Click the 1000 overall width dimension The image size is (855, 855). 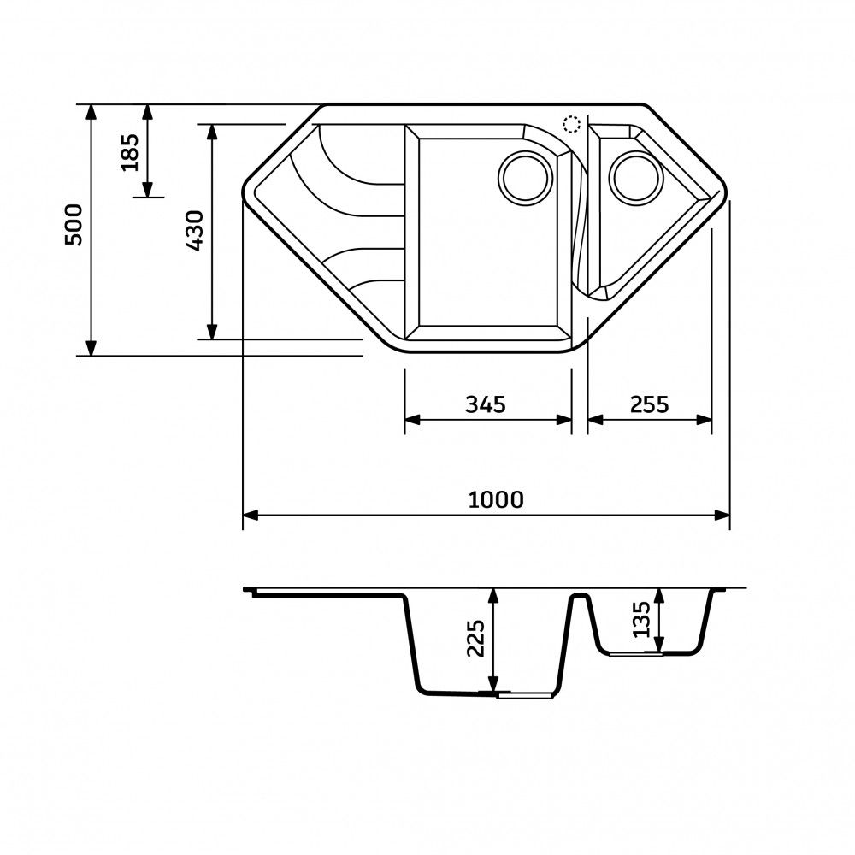tap(496, 499)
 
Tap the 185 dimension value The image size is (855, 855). tap(130, 152)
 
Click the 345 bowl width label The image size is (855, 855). tap(486, 404)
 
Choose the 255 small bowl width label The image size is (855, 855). tap(649, 404)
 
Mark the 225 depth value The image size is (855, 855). tap(475, 638)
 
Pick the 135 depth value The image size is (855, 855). tap(641, 619)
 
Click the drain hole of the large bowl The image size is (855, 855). tap(526, 179)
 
